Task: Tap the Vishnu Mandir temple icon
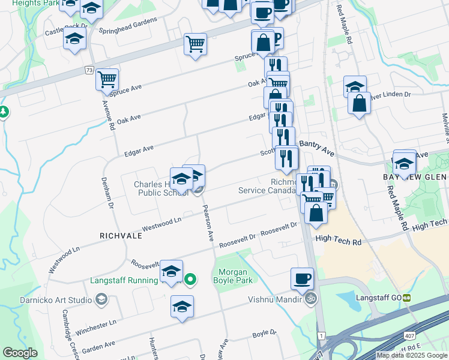pos(311,298)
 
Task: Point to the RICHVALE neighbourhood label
pos(121,236)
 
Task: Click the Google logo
pos(20,353)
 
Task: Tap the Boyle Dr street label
pos(264,332)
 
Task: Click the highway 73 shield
pos(89,70)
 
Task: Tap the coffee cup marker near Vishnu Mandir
pos(302,278)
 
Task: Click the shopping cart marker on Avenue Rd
pos(107,79)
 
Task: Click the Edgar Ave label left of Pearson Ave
pos(139,150)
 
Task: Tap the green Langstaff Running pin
pos(190,279)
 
